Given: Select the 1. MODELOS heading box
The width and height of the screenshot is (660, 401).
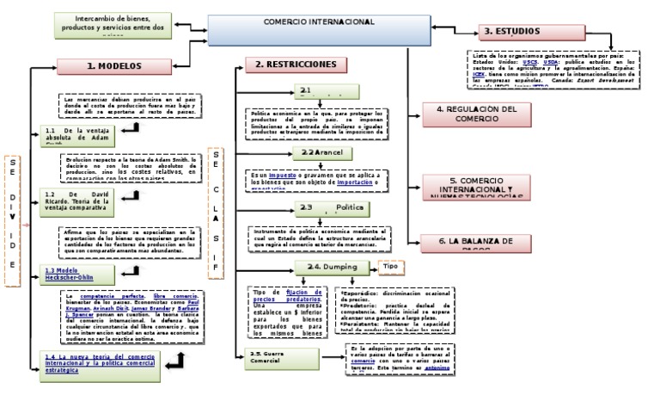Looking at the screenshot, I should click(113, 65).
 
